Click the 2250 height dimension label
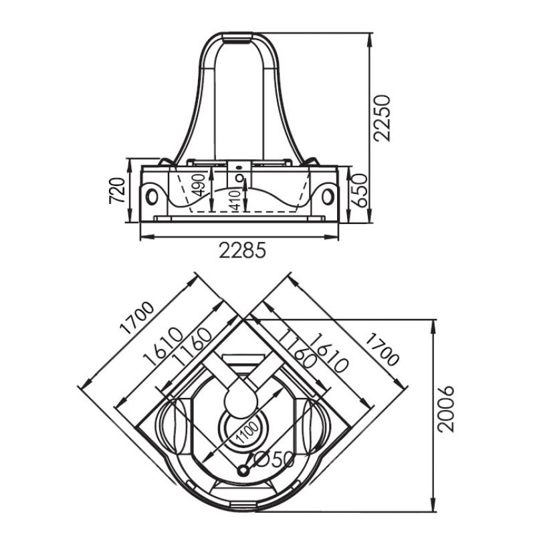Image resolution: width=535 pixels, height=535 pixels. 382,118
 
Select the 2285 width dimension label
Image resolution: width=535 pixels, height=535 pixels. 242,250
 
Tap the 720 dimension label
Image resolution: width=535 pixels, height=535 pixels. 118,191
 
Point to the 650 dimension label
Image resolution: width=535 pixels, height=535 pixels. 359,191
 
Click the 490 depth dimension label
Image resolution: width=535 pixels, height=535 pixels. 198,185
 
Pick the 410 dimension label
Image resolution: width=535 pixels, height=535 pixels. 235,200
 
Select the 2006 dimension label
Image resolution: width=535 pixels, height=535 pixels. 446,409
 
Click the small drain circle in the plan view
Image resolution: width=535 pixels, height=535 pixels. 243,471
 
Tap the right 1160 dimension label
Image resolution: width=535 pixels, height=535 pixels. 295,348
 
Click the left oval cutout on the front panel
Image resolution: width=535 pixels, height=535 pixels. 152,197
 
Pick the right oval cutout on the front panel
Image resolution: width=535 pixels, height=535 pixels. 328,197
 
